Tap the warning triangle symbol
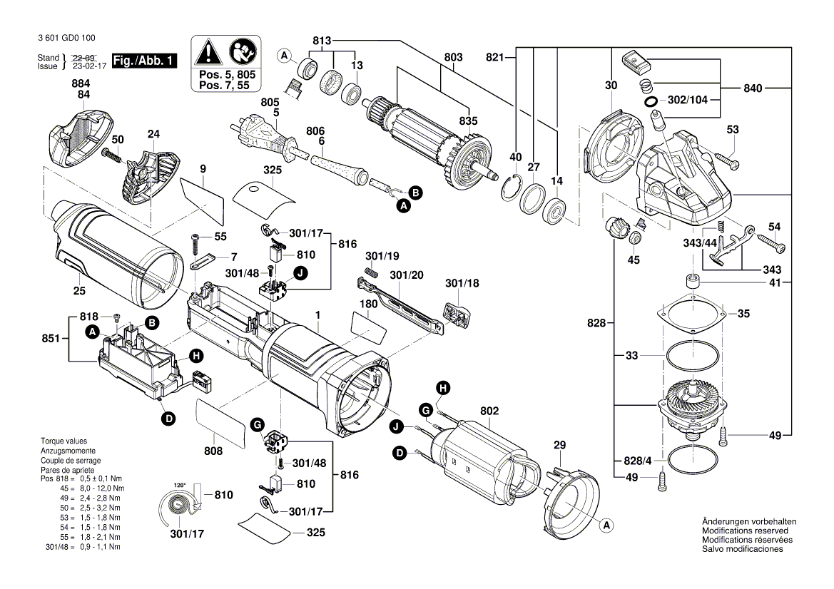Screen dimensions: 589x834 click(209, 52)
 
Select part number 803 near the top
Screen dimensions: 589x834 click(453, 57)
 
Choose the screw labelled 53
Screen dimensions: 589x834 click(721, 158)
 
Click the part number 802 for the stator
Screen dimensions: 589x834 click(489, 411)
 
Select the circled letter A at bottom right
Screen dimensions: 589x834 click(607, 526)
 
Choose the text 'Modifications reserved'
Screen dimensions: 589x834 click(745, 531)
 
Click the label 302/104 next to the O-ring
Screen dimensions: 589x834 click(688, 101)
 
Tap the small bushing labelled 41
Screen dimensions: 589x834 click(691, 280)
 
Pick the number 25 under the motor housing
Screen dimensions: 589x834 click(79, 290)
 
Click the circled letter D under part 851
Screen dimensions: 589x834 click(168, 419)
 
